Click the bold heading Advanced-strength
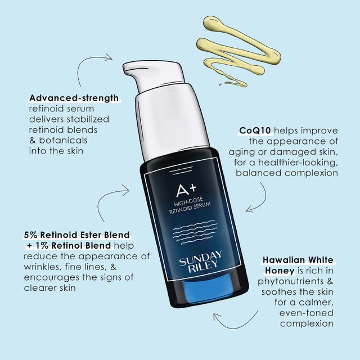(x=74, y=98)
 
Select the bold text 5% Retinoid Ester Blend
(x=76, y=235)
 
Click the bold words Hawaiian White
(x=298, y=260)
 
